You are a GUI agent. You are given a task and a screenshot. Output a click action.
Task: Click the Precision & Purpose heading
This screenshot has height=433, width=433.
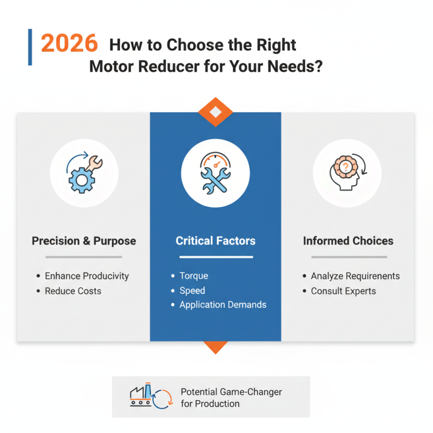click(x=84, y=241)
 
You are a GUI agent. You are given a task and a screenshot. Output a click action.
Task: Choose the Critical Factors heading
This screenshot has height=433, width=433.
click(x=215, y=241)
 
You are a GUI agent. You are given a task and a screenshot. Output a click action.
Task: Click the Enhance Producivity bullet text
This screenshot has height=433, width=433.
click(x=87, y=276)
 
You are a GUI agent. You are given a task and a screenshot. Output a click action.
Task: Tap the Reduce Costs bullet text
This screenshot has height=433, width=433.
click(x=73, y=291)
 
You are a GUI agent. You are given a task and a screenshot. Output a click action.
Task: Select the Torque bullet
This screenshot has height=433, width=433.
click(x=193, y=276)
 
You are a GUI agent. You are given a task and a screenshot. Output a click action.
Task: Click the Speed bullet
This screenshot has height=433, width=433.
click(x=192, y=291)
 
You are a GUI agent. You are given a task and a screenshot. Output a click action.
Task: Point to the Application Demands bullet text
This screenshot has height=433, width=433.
click(x=222, y=305)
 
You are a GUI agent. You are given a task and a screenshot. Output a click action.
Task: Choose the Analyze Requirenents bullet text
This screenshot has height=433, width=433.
click(x=355, y=276)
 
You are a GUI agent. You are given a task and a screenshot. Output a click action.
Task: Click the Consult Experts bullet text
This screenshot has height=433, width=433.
click(x=343, y=291)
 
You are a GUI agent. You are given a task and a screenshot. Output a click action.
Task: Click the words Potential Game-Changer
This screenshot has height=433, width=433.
click(x=231, y=392)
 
